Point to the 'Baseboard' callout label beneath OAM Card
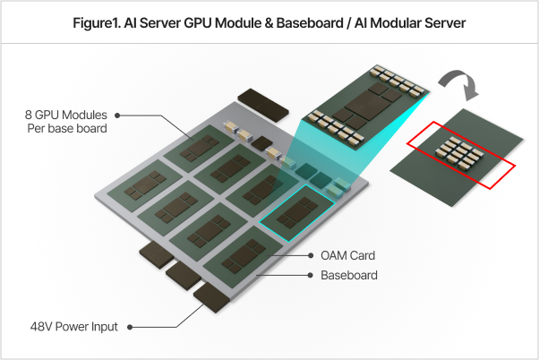pos(349,275)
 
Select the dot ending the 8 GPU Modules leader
pos(118,116)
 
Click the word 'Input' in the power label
pos(103,327)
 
